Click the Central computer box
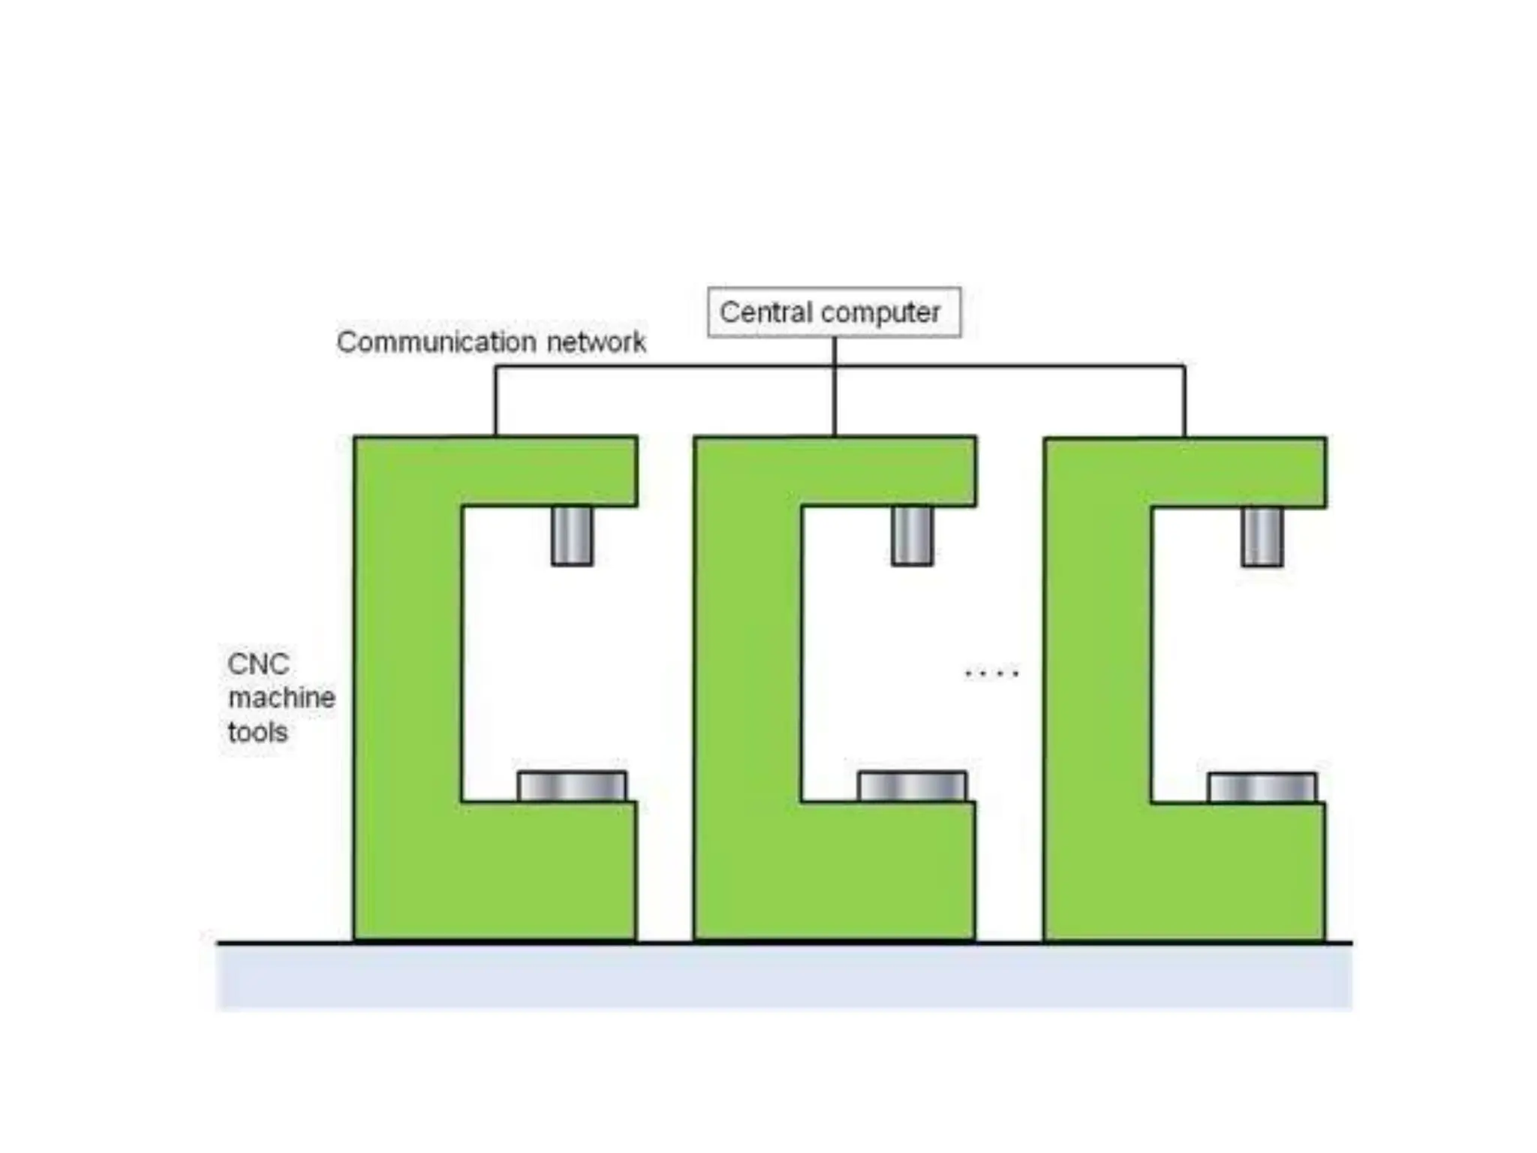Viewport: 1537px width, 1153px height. click(x=833, y=312)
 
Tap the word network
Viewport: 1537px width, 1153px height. click(x=596, y=342)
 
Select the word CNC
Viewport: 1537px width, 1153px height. click(x=258, y=664)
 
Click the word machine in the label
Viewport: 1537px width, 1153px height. click(x=281, y=698)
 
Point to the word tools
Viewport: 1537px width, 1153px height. click(x=257, y=732)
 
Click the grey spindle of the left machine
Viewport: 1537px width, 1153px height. click(x=572, y=536)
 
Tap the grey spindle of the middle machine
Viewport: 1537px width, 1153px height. click(x=912, y=536)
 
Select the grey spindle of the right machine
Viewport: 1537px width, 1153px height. click(x=1262, y=537)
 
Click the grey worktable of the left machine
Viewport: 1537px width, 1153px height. click(x=572, y=787)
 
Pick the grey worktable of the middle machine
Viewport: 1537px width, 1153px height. click(x=912, y=787)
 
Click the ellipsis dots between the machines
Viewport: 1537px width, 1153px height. click(x=991, y=673)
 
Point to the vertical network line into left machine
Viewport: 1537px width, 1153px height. click(x=495, y=401)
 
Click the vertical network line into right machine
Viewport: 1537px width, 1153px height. click(x=1184, y=401)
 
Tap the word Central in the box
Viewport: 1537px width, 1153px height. click(x=765, y=312)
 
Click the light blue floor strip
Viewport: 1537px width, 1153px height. click(x=784, y=977)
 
